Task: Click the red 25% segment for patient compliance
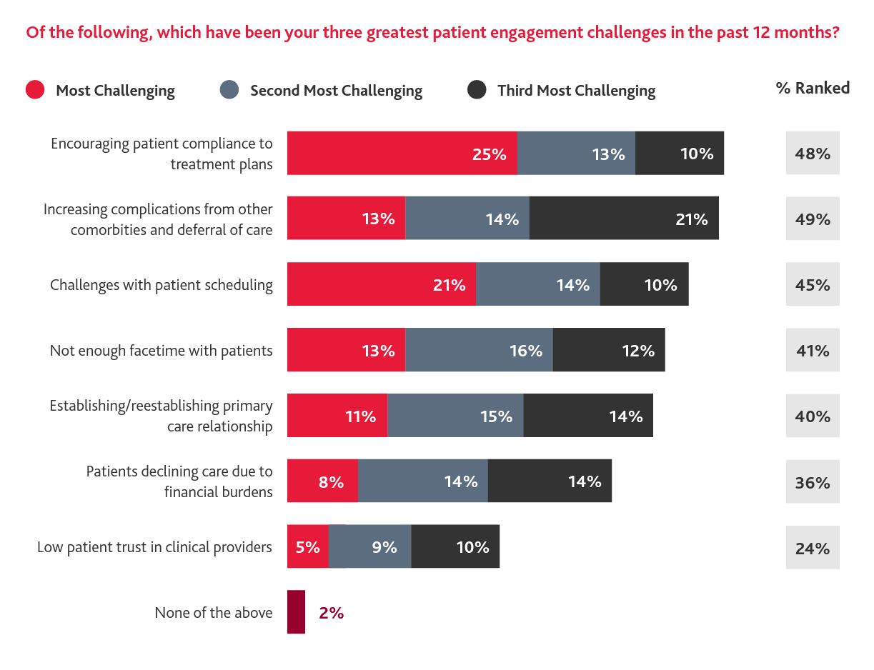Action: point(402,153)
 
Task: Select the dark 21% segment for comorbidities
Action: point(624,219)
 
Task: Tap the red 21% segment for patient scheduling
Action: point(381,284)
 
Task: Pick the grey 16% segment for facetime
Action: point(479,350)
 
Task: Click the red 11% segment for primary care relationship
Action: point(337,416)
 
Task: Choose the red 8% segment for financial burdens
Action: point(322,481)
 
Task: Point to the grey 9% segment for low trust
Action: point(369,547)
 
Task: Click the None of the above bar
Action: point(296,612)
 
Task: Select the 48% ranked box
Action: point(813,153)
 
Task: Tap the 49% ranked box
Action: point(813,219)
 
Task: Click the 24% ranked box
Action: point(813,548)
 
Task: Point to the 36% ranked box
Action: point(813,482)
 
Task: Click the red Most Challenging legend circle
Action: point(35,90)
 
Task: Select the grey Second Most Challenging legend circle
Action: point(229,90)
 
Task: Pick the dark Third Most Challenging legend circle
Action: point(477,90)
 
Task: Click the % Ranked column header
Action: point(813,88)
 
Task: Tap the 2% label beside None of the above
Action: point(332,613)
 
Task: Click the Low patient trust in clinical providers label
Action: point(154,547)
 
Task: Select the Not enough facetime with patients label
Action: point(161,350)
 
